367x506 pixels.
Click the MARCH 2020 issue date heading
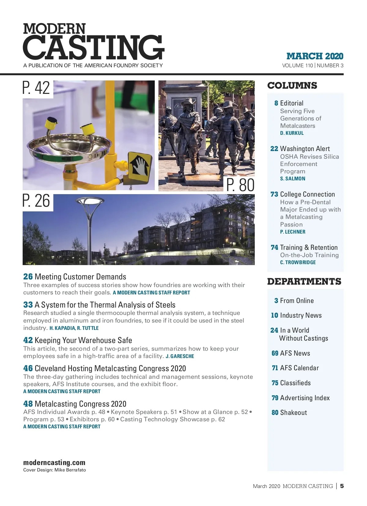[x=315, y=56]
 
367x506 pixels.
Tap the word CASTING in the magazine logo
[x=93, y=47]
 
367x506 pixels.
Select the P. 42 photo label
[x=36, y=88]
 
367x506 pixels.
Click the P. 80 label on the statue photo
[x=240, y=185]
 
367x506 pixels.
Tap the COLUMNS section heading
[x=292, y=86]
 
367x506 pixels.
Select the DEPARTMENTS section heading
[x=304, y=282]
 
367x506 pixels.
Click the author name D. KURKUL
[x=292, y=133]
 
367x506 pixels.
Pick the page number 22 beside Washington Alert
[x=274, y=149]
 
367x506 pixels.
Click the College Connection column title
[x=307, y=194]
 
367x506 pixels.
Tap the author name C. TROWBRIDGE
[x=298, y=263]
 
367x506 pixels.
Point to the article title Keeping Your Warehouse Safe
[x=83, y=340]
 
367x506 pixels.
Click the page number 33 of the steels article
[x=28, y=305]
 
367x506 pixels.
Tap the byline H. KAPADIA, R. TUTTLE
[x=74, y=328]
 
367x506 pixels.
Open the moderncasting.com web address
[x=54, y=463]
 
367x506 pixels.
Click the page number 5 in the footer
[x=342, y=486]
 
